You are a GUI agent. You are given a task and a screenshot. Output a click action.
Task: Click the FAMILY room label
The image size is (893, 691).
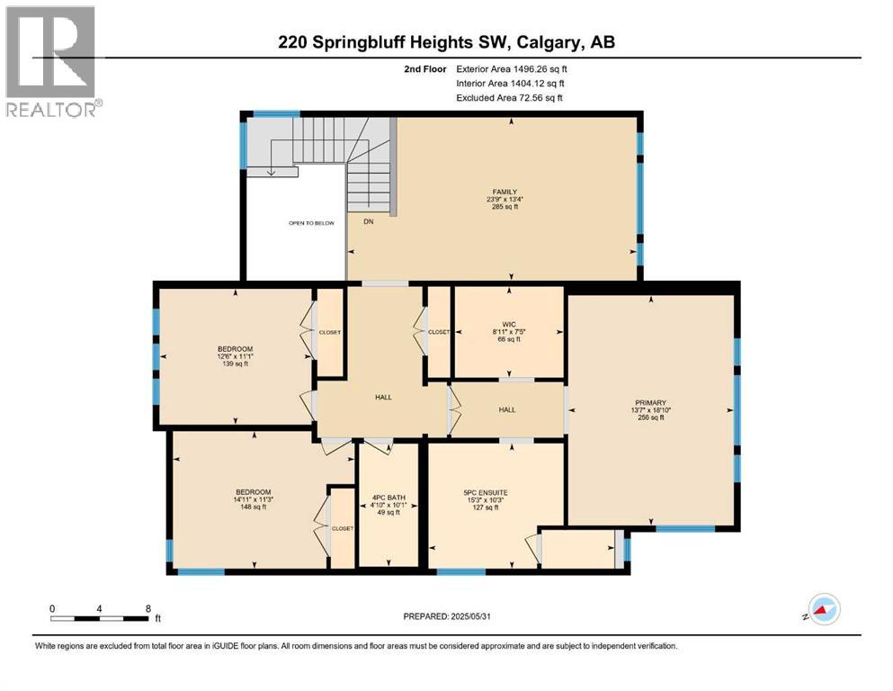click(504, 191)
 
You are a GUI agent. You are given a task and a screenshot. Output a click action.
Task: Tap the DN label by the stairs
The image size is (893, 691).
click(368, 220)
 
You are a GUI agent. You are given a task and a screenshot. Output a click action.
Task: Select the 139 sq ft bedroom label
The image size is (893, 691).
click(235, 349)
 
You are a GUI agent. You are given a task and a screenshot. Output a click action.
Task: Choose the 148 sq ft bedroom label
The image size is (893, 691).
click(252, 492)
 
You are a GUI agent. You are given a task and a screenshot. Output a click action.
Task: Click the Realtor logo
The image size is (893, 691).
click(52, 62)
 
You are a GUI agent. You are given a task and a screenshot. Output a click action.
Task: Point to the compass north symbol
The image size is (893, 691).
click(822, 610)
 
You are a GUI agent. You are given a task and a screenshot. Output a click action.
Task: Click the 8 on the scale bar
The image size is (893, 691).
click(147, 608)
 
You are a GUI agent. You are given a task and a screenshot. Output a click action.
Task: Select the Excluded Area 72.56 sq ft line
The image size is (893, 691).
click(512, 97)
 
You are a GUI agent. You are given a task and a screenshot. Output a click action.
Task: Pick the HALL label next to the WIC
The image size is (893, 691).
click(507, 409)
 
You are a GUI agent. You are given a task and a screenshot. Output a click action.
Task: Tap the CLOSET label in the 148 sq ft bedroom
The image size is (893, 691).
click(343, 528)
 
